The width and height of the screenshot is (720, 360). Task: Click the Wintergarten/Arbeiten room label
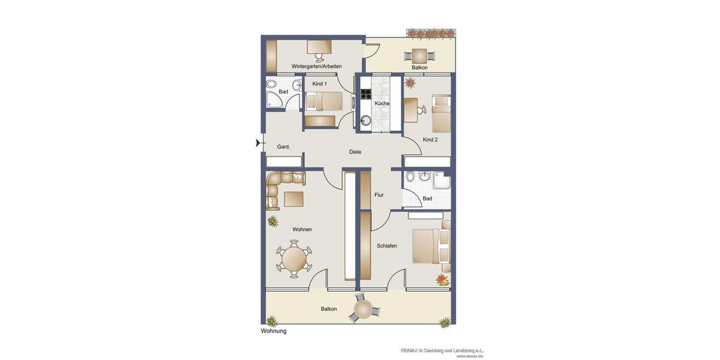coord(316,66)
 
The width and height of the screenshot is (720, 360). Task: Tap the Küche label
coord(382,103)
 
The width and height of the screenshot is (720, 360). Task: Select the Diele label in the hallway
coord(355,152)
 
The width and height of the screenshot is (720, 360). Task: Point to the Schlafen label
coord(387,246)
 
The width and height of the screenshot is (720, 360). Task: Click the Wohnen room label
coord(302,229)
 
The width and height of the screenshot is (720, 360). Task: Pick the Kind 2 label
coord(430,140)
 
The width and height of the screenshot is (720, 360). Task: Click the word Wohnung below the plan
coord(274,331)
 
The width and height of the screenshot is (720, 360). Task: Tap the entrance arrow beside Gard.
coord(259,143)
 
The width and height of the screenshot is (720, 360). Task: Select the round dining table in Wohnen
coord(294,259)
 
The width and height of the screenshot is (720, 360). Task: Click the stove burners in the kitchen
coord(365,94)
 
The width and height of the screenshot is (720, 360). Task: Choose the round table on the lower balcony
coord(364,310)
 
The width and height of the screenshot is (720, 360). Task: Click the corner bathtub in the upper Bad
coord(274,100)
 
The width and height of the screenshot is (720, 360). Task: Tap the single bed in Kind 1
coord(323,101)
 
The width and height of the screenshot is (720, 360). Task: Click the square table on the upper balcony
coord(419,56)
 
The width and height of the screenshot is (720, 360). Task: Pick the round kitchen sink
coord(365,119)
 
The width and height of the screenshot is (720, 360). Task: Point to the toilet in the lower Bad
coord(410,176)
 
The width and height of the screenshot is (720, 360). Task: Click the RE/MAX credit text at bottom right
coord(442,350)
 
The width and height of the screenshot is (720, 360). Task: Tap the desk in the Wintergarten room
coord(319,46)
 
